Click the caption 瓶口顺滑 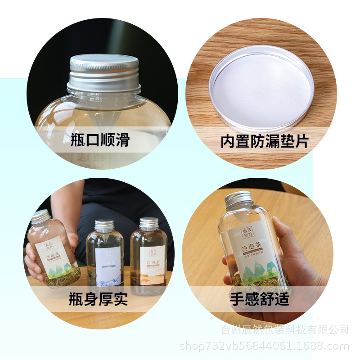100,140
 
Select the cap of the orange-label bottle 149,223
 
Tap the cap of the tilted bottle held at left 40,216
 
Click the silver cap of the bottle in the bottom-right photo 238,199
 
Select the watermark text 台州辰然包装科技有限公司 285,330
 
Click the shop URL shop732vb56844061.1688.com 264,346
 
